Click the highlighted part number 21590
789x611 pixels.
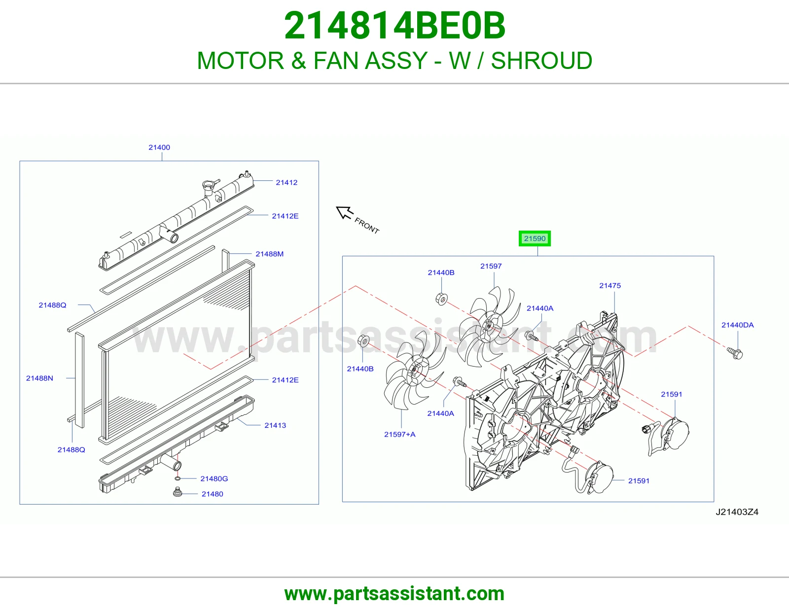tap(535, 238)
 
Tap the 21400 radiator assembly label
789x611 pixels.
tap(159, 147)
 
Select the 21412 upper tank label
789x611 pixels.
tap(287, 182)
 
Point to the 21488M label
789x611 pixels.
tap(269, 254)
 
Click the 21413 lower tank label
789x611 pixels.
tap(275, 425)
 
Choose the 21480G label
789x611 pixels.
tap(214, 478)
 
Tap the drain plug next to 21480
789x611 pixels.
tap(178, 493)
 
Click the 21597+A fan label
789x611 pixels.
tap(399, 434)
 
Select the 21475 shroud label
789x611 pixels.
tap(610, 286)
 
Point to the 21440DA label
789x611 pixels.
tap(737, 325)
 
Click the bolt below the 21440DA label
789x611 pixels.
tap(735, 353)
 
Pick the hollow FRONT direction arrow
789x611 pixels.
tap(344, 212)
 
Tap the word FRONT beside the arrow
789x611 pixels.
tap(367, 226)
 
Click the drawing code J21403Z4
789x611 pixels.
tap(737, 512)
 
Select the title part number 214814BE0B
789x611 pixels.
tap(394, 26)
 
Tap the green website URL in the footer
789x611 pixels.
tap(394, 594)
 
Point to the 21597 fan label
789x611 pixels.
tap(491, 266)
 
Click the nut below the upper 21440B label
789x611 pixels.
tap(441, 299)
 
